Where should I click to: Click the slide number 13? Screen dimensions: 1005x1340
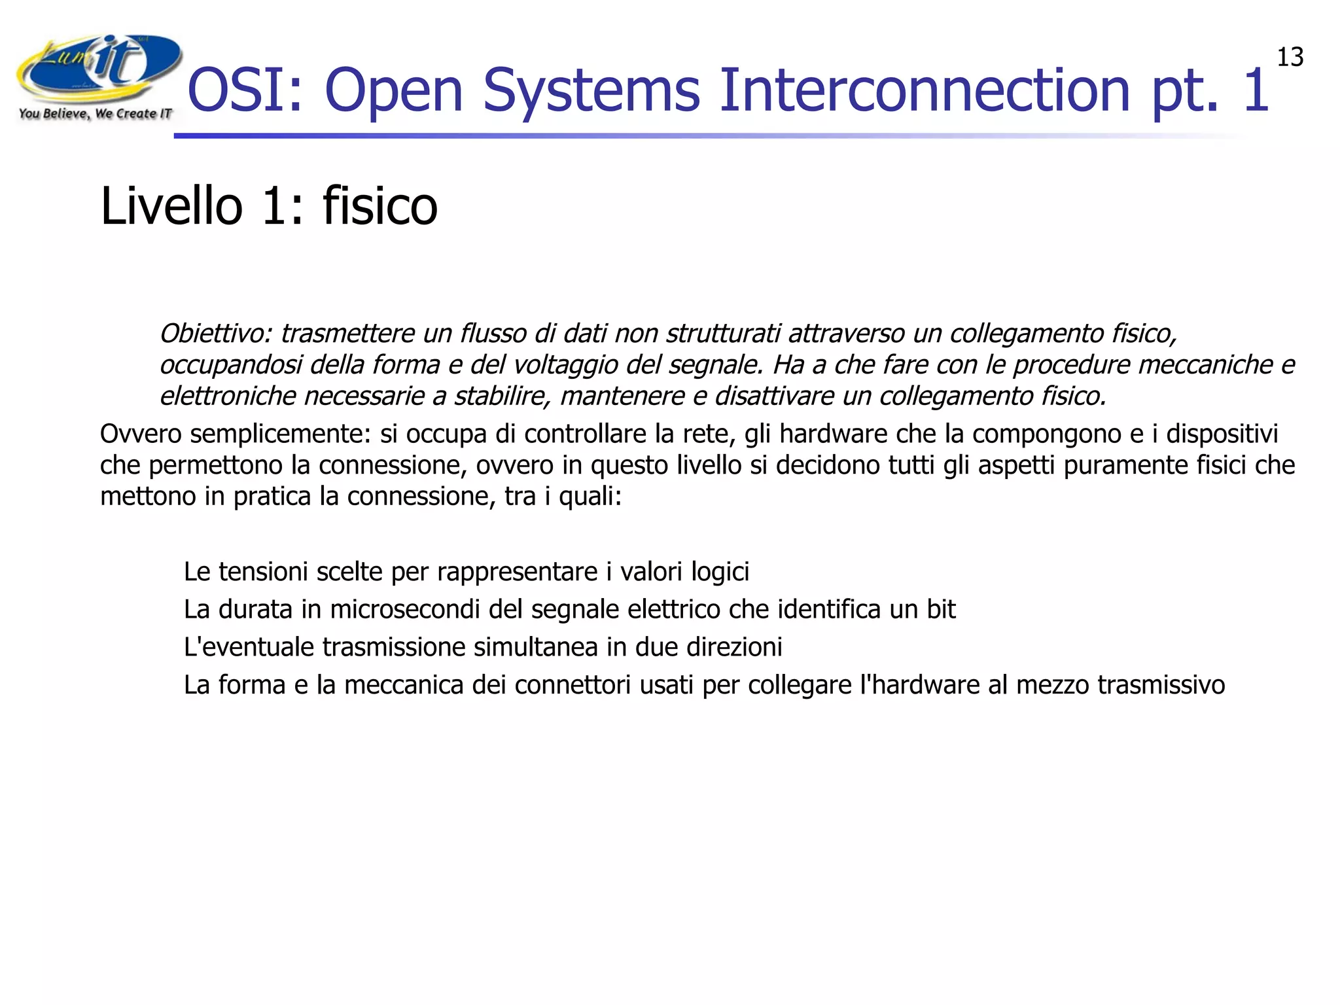[1290, 58]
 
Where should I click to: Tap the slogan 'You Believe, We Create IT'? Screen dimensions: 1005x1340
[96, 114]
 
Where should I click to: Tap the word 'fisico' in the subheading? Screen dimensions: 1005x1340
[379, 206]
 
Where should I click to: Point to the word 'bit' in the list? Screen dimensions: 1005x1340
[940, 610]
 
